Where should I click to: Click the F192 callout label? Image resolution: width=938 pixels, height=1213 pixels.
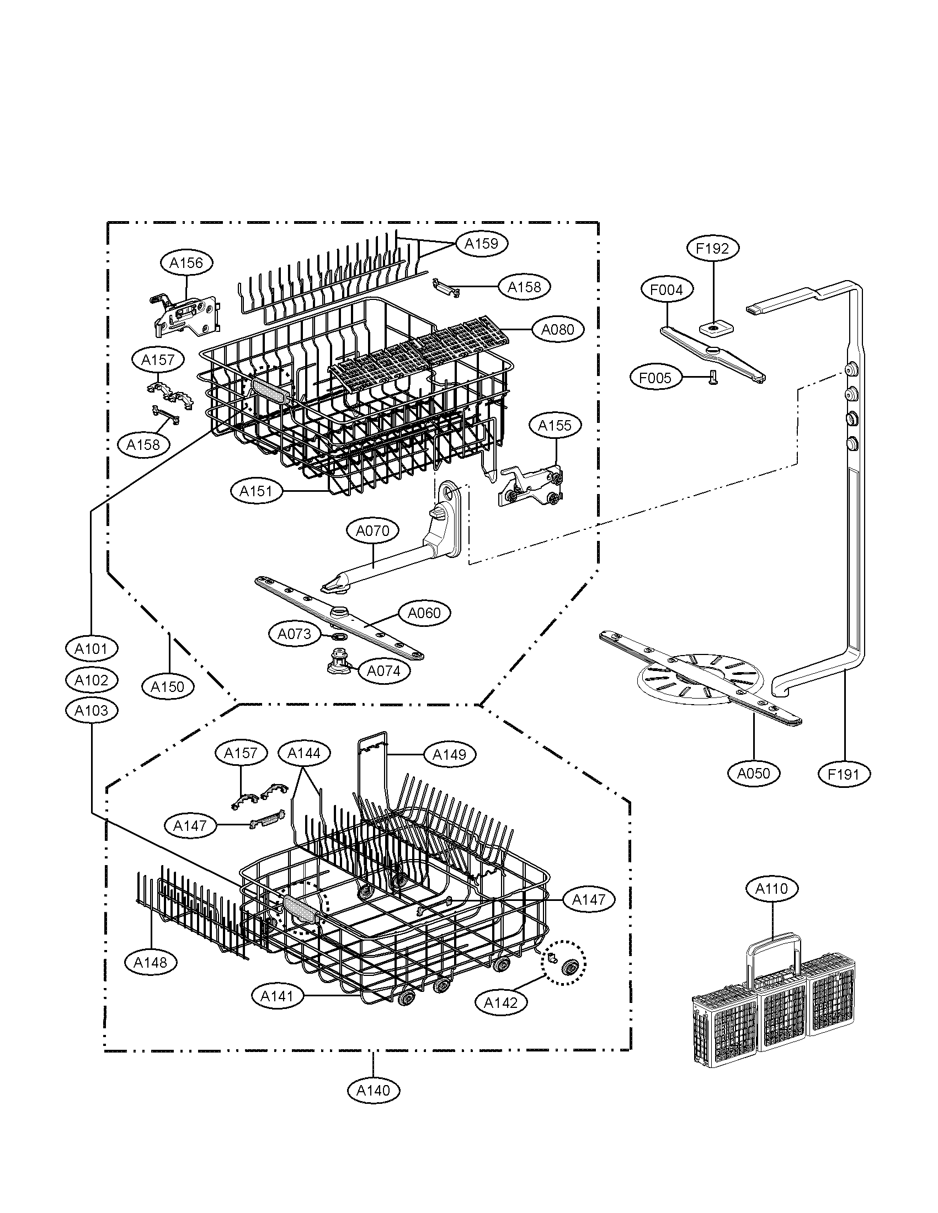(x=712, y=248)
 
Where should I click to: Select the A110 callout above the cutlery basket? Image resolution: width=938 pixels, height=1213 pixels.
(x=772, y=889)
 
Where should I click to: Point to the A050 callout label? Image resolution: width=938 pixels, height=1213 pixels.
(x=754, y=773)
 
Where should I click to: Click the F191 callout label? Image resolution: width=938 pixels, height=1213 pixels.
(x=844, y=774)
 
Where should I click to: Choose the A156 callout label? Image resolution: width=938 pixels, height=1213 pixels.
(x=186, y=262)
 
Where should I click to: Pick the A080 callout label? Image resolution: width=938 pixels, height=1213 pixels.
(x=557, y=329)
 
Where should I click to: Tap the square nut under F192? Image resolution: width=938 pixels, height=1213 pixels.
(x=713, y=329)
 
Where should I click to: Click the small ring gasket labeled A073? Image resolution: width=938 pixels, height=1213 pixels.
(x=338, y=635)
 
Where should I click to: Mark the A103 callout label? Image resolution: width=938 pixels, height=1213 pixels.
(x=92, y=710)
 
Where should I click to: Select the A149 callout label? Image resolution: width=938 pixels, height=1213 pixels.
(x=449, y=754)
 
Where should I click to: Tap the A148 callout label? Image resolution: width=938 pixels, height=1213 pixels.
(x=151, y=963)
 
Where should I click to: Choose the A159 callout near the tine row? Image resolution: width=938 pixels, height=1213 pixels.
(x=481, y=243)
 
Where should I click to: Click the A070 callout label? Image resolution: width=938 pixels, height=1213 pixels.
(x=373, y=531)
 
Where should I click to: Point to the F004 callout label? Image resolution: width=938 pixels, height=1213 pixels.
(x=667, y=289)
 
